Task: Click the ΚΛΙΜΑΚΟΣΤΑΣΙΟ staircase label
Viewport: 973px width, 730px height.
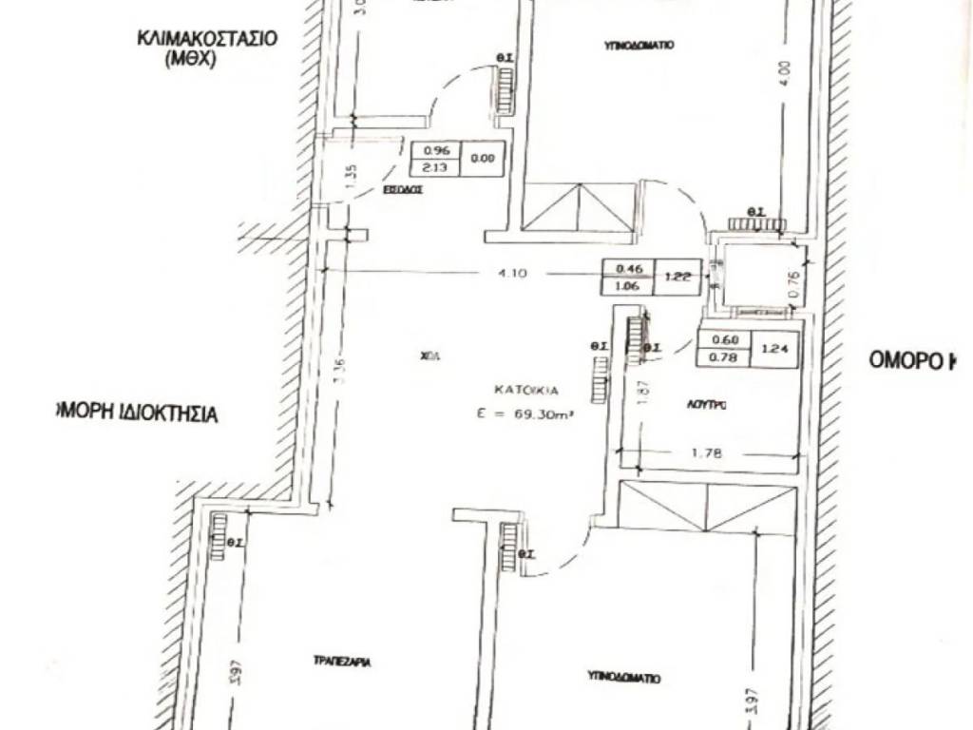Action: click(206, 40)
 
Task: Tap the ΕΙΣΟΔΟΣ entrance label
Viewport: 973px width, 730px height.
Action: click(403, 189)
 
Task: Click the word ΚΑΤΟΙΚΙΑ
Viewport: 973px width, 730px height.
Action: click(525, 390)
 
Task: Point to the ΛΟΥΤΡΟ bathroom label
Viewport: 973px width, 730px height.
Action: click(708, 404)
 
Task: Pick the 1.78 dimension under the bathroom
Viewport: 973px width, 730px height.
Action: click(708, 453)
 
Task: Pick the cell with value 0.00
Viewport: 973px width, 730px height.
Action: click(483, 159)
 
